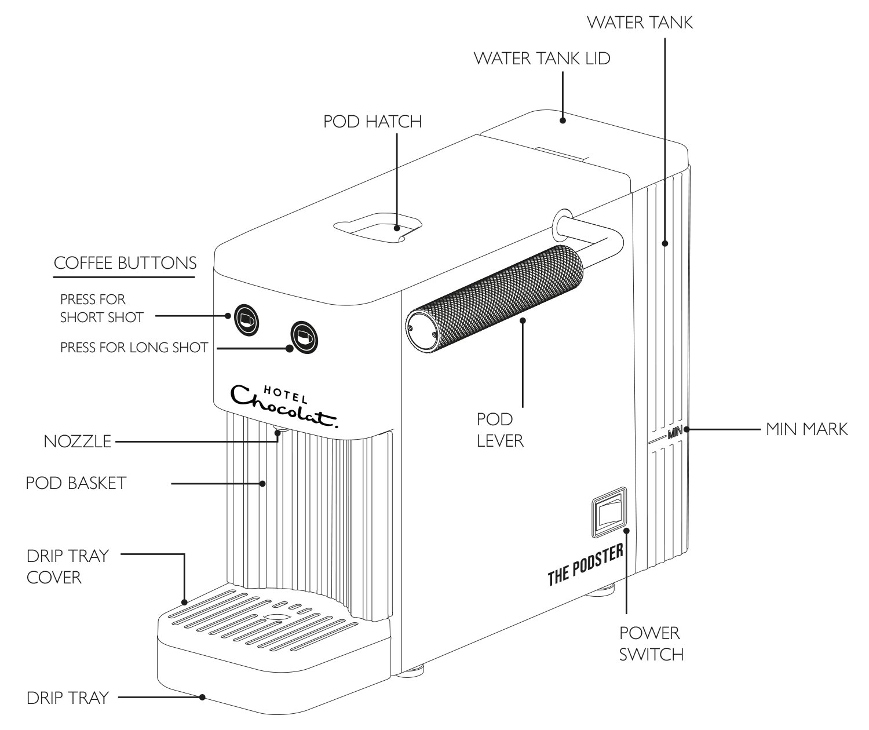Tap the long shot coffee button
tap(304, 336)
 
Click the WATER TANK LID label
tap(542, 59)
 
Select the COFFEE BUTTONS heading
tap(125, 263)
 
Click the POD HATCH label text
tap(373, 122)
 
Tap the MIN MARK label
tap(806, 429)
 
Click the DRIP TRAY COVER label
tap(67, 567)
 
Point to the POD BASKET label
tap(75, 483)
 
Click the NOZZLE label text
tap(77, 441)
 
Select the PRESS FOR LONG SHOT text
tap(134, 348)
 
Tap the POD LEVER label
tap(500, 429)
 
